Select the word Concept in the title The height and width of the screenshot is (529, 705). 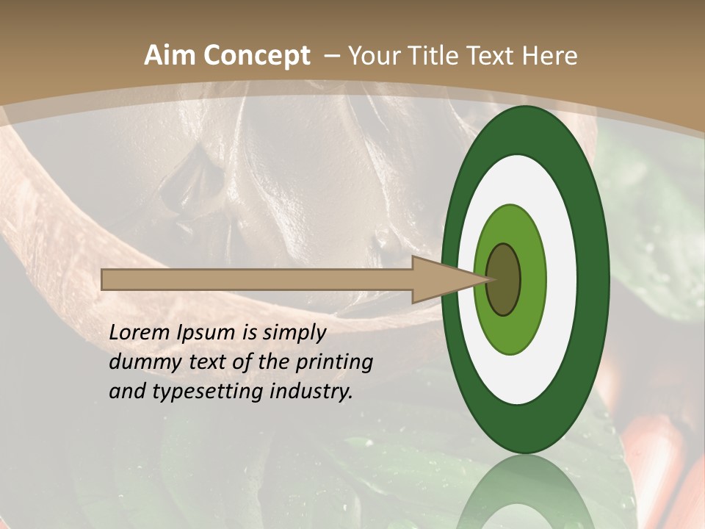(x=256, y=56)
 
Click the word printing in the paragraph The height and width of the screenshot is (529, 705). (x=333, y=362)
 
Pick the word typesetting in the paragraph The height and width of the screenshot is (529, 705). (x=207, y=392)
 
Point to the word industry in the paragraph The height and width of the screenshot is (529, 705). (x=311, y=392)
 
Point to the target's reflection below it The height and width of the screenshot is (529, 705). (x=526, y=496)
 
